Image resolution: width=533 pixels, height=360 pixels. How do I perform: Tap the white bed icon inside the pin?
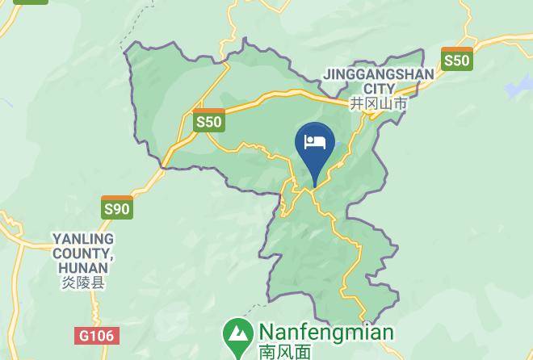pyautogui.click(x=316, y=143)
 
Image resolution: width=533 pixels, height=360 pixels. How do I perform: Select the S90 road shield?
pyautogui.click(x=116, y=207)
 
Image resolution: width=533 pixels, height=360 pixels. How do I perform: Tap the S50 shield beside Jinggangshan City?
pyautogui.click(x=456, y=59)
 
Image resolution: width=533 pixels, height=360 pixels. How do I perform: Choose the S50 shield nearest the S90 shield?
pyautogui.click(x=208, y=121)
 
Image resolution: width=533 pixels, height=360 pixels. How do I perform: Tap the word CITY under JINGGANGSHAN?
pyautogui.click(x=379, y=89)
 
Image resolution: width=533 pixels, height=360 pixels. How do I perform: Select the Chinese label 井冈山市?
pyautogui.click(x=378, y=104)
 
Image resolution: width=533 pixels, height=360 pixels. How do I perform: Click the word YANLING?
pyautogui.click(x=83, y=240)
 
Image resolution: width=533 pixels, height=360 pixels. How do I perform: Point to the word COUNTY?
pyautogui.click(x=82, y=254)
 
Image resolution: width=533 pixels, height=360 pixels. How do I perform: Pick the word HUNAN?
pyautogui.click(x=83, y=269)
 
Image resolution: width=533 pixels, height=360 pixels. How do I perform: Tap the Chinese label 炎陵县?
pyautogui.click(x=83, y=283)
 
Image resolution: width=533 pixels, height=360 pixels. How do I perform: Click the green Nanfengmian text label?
pyautogui.click(x=325, y=333)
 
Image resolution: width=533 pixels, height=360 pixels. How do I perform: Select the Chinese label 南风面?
pyautogui.click(x=284, y=352)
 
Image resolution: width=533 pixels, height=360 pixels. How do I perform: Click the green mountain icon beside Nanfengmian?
pyautogui.click(x=237, y=333)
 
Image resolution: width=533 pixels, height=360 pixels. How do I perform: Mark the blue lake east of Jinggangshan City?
pyautogui.click(x=518, y=86)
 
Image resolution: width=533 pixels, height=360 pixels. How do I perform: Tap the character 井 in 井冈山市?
pyautogui.click(x=356, y=104)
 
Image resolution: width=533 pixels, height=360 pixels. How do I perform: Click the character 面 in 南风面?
pyautogui.click(x=303, y=352)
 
